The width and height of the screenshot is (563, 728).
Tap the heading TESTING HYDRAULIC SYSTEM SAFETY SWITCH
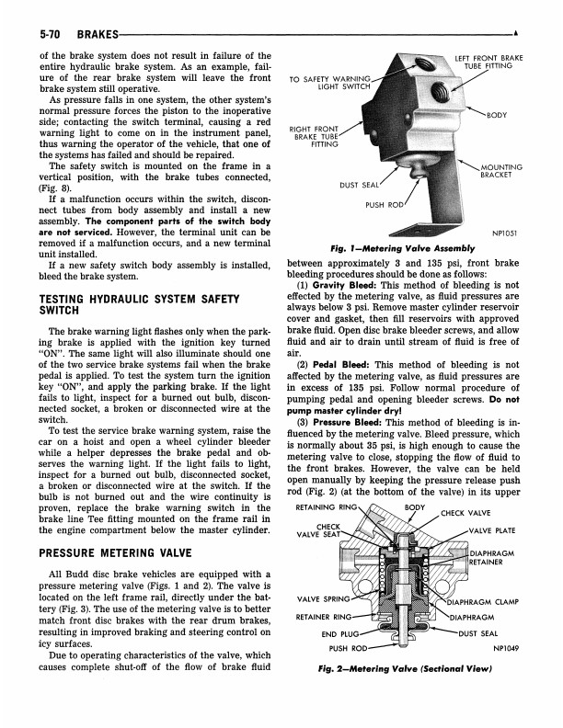coord(134,305)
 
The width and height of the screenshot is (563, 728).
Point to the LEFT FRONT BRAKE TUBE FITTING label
coord(488,63)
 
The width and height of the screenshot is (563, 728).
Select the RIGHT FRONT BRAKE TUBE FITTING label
coord(314,137)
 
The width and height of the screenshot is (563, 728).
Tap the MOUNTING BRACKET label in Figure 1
coord(501,171)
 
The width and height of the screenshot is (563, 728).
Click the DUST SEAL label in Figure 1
coord(360,186)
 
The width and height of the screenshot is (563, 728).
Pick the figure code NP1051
coord(503,233)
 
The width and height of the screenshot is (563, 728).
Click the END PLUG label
coord(339,633)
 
